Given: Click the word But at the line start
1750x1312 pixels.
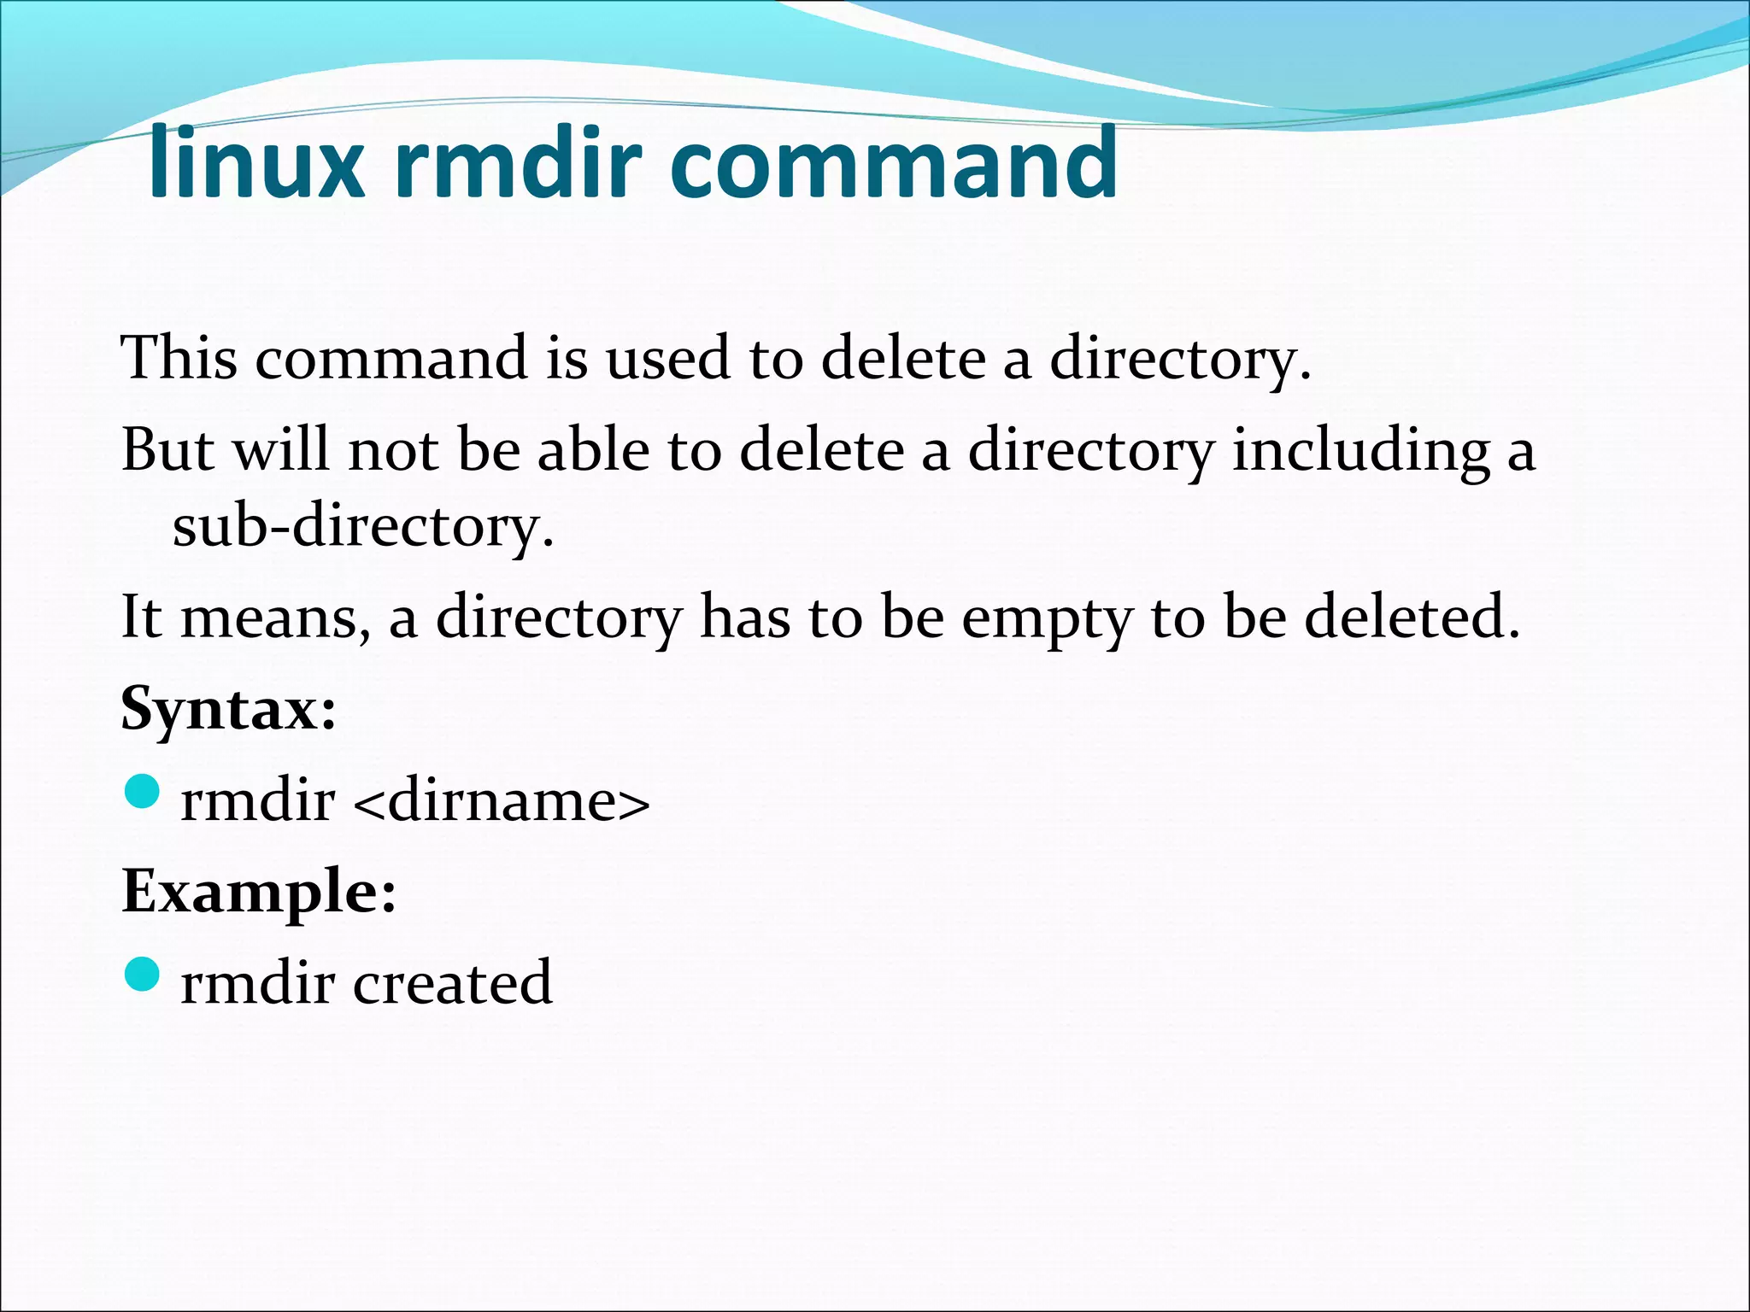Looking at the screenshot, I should tap(167, 449).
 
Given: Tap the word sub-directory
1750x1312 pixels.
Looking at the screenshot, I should tap(363, 527).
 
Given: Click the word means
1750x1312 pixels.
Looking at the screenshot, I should tap(275, 618).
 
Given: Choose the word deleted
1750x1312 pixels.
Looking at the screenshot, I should tap(1412, 616).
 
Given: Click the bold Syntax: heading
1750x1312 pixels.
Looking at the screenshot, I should tap(228, 710).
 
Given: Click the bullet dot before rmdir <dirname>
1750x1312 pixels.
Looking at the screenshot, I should tap(142, 791).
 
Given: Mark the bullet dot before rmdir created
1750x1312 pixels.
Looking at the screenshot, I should tap(142, 974).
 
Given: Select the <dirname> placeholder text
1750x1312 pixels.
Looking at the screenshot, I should tap(501, 801).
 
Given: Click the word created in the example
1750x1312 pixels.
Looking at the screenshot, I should tap(452, 983).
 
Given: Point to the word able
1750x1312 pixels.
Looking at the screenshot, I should tap(593, 449).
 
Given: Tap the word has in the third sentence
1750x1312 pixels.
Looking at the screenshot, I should tap(745, 616).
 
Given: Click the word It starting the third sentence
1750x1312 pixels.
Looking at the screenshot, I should tap(142, 616).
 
